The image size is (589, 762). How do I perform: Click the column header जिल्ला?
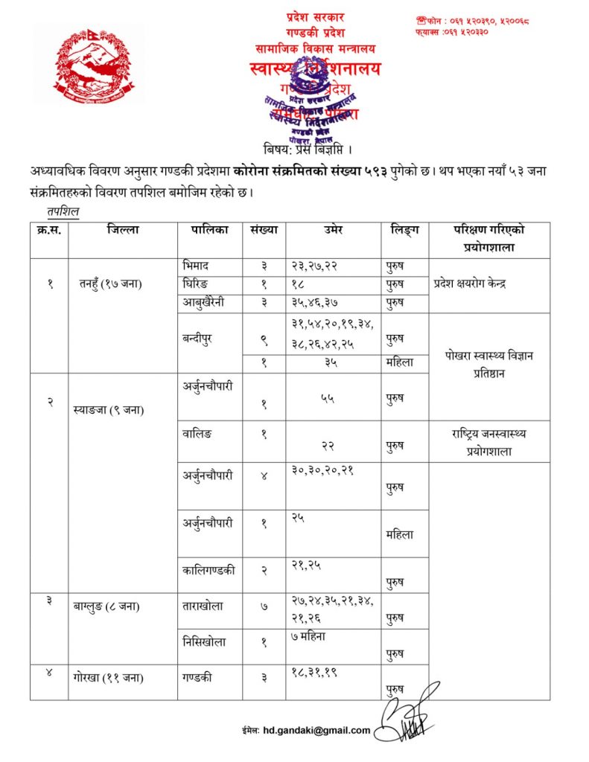(x=122, y=231)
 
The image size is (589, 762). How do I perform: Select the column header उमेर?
(x=332, y=231)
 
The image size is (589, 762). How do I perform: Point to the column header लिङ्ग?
(x=404, y=231)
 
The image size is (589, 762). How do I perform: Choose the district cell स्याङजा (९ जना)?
(x=110, y=410)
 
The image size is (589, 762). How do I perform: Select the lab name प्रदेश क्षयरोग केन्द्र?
(x=478, y=283)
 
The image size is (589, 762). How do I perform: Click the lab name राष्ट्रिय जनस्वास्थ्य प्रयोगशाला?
(x=488, y=441)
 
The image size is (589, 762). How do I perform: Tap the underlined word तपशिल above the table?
(x=63, y=211)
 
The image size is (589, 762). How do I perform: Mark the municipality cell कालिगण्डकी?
(x=209, y=570)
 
